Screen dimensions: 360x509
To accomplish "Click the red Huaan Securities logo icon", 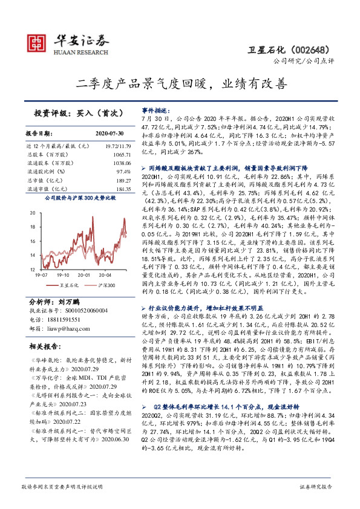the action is click(x=37, y=42).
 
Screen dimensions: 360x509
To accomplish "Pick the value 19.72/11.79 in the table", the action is click(x=118, y=146).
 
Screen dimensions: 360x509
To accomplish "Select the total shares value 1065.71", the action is click(x=122, y=155).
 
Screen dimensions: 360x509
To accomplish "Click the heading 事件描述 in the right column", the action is click(x=156, y=112).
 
